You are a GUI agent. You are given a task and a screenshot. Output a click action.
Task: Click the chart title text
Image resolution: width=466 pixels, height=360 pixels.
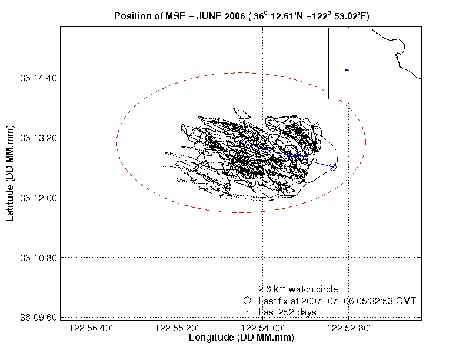click(242, 16)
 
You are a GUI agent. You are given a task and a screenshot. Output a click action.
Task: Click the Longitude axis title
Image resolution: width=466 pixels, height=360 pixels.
click(241, 338)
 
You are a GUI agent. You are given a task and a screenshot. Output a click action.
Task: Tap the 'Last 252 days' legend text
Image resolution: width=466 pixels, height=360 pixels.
click(288, 312)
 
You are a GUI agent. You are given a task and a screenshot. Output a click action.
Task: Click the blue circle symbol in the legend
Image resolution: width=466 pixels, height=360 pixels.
click(247, 301)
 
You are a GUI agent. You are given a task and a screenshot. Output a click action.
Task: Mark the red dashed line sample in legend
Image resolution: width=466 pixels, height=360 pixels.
click(247, 289)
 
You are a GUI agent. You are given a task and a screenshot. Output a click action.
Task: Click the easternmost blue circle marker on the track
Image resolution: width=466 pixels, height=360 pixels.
click(332, 167)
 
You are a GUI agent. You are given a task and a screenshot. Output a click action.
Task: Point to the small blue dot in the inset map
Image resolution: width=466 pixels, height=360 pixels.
click(347, 70)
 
